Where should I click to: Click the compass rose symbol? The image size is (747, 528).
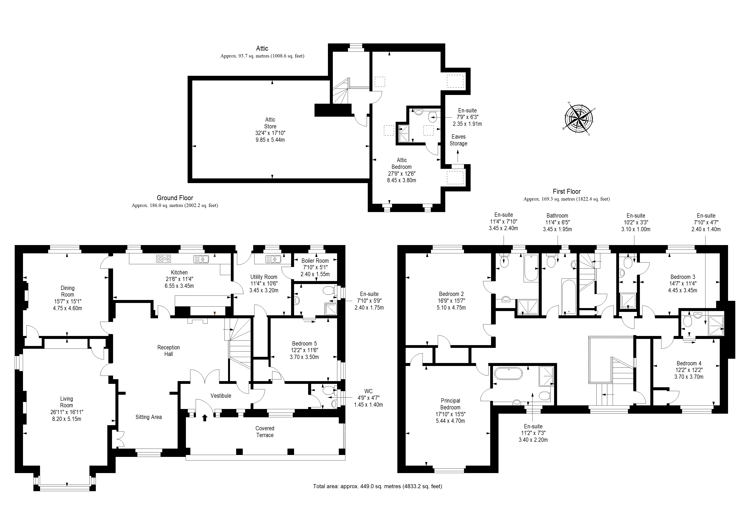pyautogui.click(x=579, y=118)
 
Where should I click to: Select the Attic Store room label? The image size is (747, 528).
pyautogui.click(x=270, y=123)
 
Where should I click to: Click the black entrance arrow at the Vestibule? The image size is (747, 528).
pyautogui.click(x=205, y=418)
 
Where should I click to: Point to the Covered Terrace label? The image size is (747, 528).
pyautogui.click(x=265, y=432)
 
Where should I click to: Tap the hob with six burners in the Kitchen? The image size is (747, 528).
pyautogui.click(x=163, y=259)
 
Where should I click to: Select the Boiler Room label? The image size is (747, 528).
pyautogui.click(x=315, y=261)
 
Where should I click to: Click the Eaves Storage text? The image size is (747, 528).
pyautogui.click(x=458, y=140)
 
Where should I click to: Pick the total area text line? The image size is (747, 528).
pyautogui.click(x=377, y=486)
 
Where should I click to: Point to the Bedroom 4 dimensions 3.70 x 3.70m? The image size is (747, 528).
pyautogui.click(x=689, y=377)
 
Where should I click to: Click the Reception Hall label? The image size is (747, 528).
pyautogui.click(x=168, y=351)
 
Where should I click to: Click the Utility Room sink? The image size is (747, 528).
pyautogui.click(x=273, y=259)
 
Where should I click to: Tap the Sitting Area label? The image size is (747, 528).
pyautogui.click(x=149, y=417)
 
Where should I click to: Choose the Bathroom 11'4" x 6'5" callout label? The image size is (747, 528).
pyautogui.click(x=557, y=222)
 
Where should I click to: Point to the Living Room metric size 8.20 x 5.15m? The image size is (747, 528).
pyautogui.click(x=67, y=419)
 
